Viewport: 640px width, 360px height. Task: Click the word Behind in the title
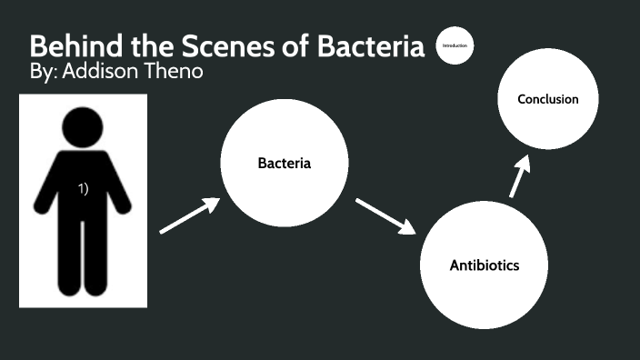coord(71,47)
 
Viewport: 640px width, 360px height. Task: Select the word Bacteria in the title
coord(371,47)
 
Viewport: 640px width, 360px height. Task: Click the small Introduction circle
coord(455,45)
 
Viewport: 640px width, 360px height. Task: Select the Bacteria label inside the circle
coord(285,165)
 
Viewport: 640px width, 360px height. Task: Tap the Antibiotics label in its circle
coord(485,265)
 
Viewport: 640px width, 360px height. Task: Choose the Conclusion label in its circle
coord(547,99)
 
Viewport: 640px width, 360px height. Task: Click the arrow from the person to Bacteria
coord(190,215)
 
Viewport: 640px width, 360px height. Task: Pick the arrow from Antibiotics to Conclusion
coord(518,175)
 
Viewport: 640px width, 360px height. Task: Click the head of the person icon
coord(83,125)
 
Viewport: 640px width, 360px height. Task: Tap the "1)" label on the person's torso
coord(83,188)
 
